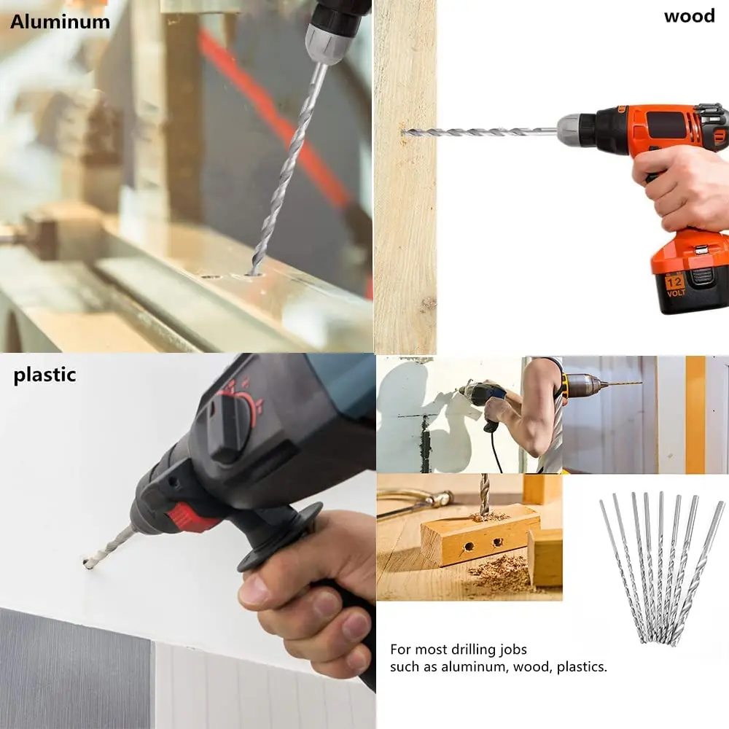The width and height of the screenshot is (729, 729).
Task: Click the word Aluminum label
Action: tap(60, 22)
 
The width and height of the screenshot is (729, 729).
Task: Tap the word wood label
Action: tap(689, 16)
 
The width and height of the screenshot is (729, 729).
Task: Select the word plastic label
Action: tap(44, 375)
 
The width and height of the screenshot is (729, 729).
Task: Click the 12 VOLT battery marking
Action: tap(675, 286)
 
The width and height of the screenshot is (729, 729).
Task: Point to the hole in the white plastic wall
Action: tap(87, 564)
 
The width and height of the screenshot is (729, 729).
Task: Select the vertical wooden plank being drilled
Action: tap(405, 176)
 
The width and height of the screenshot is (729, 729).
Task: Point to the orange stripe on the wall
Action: tap(695, 415)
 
